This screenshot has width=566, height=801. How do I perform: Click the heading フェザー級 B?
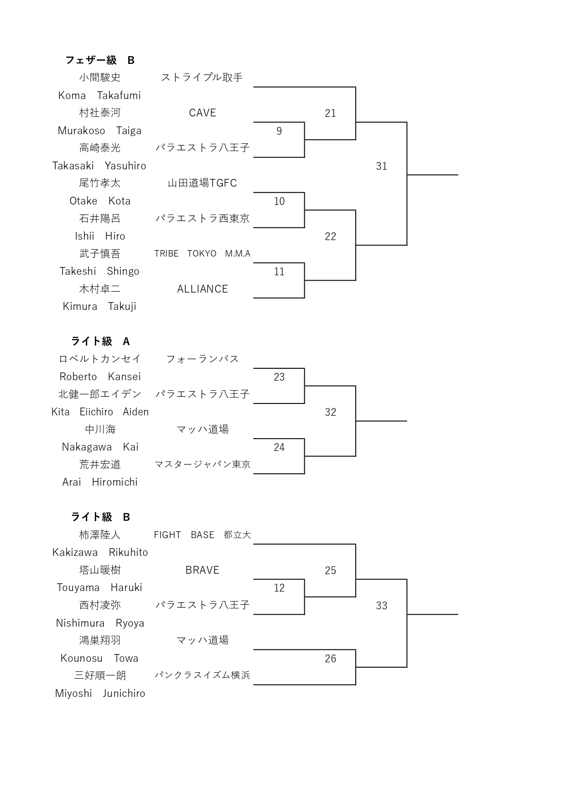click(x=100, y=60)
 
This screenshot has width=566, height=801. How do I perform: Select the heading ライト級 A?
click(x=100, y=341)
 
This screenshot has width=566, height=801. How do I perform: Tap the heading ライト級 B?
click(x=100, y=517)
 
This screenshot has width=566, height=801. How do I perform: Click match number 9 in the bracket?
click(x=279, y=131)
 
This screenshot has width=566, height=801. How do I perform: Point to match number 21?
click(x=330, y=113)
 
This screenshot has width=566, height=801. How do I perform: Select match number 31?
click(x=381, y=166)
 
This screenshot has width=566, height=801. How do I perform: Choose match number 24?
click(x=279, y=447)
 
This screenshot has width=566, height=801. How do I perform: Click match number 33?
click(x=381, y=606)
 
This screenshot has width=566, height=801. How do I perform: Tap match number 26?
click(x=330, y=659)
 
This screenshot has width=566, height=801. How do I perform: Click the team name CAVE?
click(x=203, y=113)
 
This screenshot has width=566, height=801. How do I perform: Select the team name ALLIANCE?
click(x=203, y=289)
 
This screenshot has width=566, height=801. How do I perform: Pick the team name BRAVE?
click(x=203, y=570)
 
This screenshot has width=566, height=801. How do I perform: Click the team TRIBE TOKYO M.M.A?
click(x=203, y=254)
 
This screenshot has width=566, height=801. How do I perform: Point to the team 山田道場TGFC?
click(x=203, y=183)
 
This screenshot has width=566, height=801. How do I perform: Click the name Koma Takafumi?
click(x=99, y=95)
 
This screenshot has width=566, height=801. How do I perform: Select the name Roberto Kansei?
click(x=100, y=377)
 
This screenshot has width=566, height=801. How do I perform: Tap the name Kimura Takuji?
click(x=99, y=306)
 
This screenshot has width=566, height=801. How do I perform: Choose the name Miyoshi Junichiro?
click(x=100, y=693)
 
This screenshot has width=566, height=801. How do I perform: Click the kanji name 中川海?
click(x=100, y=429)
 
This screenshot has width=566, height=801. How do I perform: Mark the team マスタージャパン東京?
click(x=203, y=465)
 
